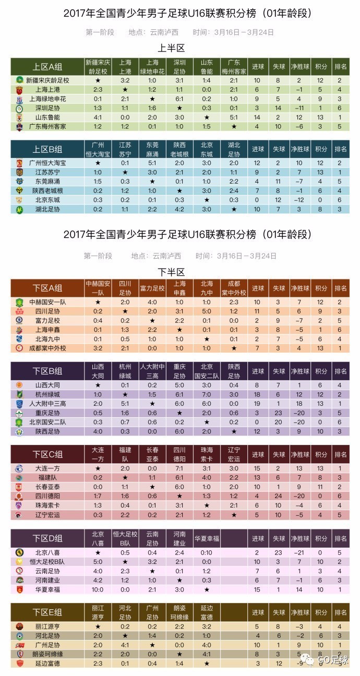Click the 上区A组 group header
tap(47, 67)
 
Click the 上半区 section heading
tap(172, 48)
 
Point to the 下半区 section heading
tap(172, 272)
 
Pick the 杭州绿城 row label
tap(47, 394)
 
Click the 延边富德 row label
tap(47, 663)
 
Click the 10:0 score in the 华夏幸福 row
tap(98, 589)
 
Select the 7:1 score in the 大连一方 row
tap(179, 468)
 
